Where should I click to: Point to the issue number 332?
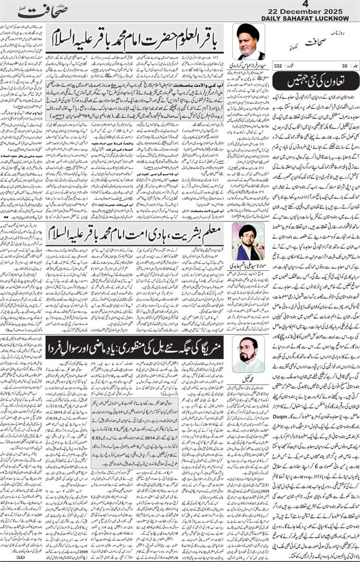pos(278,66)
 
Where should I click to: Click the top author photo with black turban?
pos(249,42)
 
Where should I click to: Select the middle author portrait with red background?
pos(248,241)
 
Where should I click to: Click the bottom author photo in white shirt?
pos(248,355)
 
